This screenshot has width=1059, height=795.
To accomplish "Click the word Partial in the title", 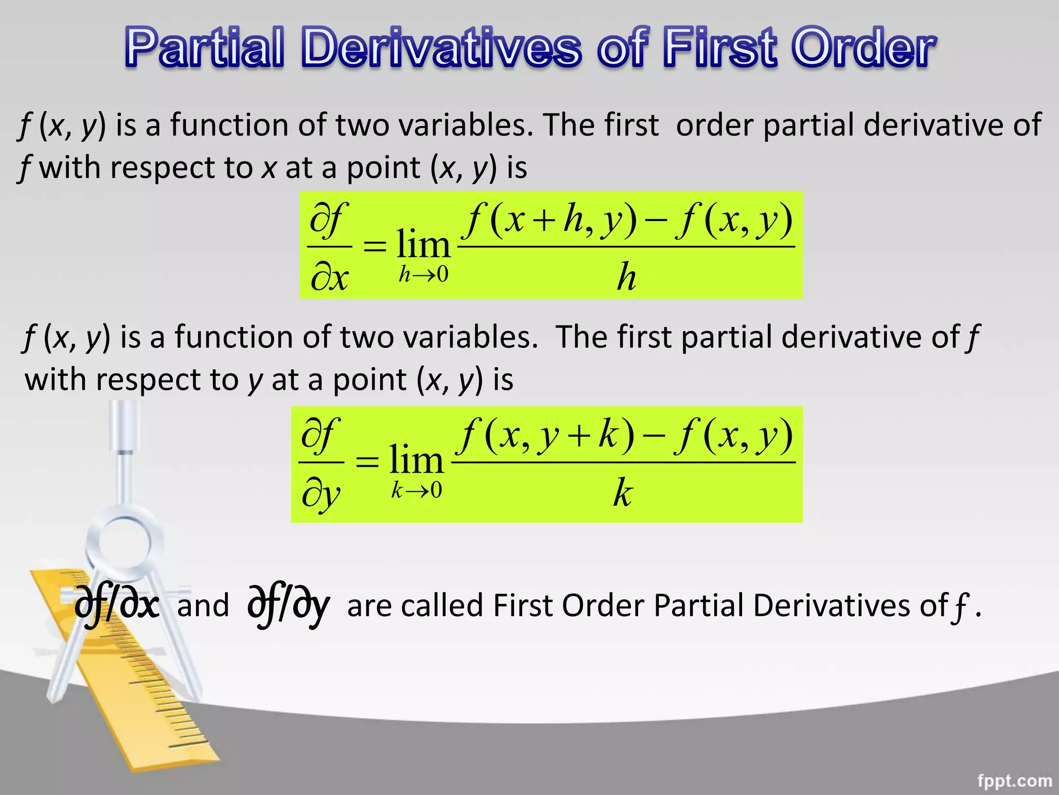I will [205, 48].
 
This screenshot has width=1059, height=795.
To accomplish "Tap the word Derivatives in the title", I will [441, 48].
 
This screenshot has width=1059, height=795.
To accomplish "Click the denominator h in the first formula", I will [626, 277].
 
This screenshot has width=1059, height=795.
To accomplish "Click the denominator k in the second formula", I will [623, 493].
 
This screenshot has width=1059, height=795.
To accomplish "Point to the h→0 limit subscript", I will [423, 274].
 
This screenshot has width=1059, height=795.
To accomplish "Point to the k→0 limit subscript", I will [417, 490].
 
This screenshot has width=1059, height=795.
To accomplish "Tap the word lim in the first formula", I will [423, 244].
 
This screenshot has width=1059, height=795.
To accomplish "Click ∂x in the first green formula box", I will [329, 278].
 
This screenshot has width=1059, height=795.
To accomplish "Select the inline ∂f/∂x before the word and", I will [117, 606].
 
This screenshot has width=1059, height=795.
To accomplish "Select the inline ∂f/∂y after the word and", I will [289, 606].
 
